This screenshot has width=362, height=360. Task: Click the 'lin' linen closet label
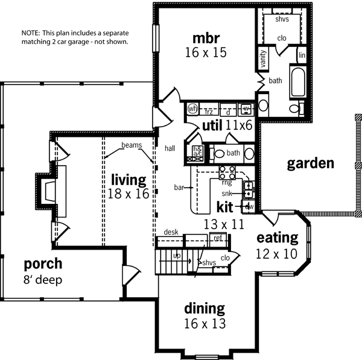(302, 56)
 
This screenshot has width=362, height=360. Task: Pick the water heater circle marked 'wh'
(193, 109)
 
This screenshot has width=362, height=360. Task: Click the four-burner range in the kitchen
(226, 171)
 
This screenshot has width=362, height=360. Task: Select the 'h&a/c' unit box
(197, 152)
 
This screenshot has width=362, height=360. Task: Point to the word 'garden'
(310, 163)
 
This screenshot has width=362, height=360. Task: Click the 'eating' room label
(278, 237)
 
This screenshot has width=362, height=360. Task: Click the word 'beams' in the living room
(131, 145)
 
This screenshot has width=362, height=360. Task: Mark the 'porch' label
(42, 264)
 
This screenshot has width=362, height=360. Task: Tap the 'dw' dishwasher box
(248, 207)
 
